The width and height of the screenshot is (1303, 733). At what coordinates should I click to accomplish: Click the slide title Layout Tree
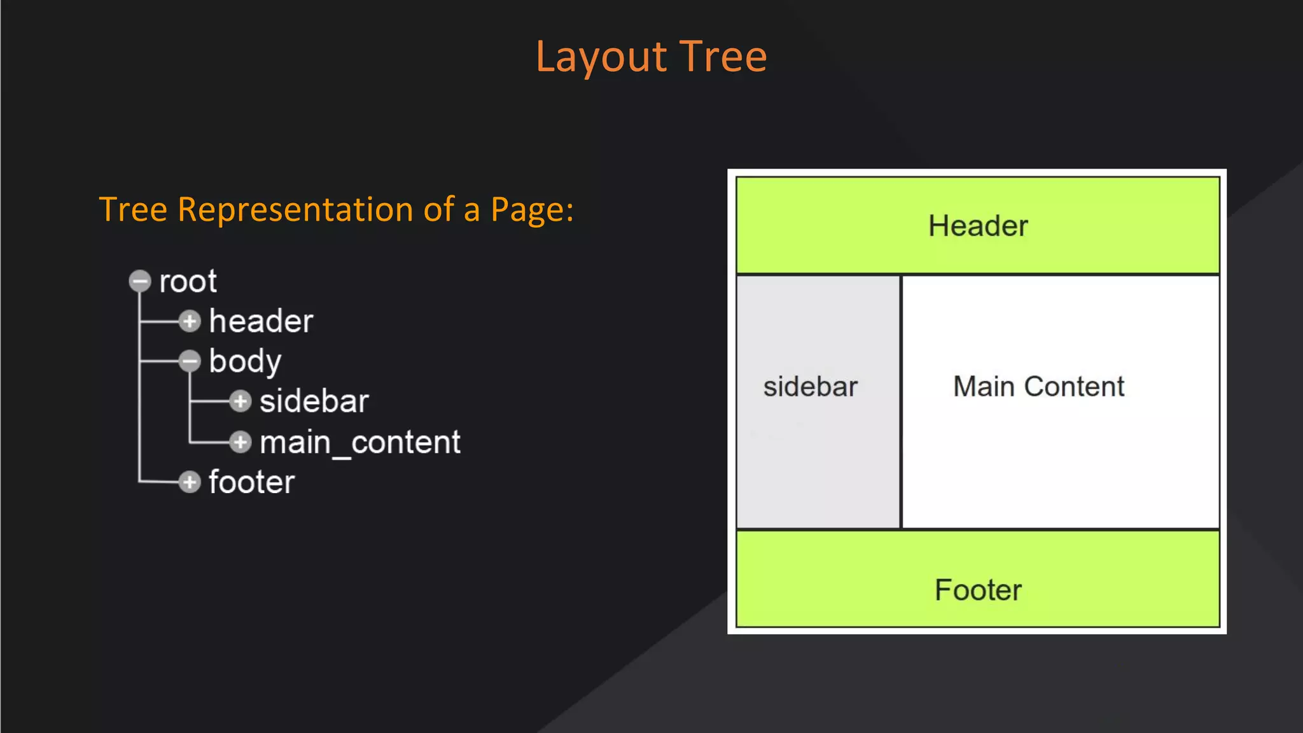point(651,57)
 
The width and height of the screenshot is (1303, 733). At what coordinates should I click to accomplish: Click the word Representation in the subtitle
point(295,210)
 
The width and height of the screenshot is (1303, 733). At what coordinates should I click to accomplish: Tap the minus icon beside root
point(140,281)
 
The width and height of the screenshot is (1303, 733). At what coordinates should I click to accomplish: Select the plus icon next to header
point(190,321)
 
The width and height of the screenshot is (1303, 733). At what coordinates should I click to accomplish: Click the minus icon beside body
point(190,361)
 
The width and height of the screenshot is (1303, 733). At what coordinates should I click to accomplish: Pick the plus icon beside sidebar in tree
point(240,401)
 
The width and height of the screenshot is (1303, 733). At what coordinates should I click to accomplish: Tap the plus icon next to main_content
point(240,442)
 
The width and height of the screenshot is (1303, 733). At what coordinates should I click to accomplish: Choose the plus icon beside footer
point(190,482)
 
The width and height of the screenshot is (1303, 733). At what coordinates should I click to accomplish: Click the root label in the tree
point(188,281)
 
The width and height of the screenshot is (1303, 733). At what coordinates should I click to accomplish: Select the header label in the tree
point(261,321)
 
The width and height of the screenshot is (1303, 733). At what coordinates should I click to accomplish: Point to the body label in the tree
point(245,361)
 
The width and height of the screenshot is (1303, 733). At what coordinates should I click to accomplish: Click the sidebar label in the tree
point(314,401)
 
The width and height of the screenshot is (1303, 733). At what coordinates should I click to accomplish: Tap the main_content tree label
point(359,442)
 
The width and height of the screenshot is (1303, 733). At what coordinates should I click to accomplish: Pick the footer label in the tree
point(251,482)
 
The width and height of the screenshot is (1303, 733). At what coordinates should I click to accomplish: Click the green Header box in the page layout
point(977,226)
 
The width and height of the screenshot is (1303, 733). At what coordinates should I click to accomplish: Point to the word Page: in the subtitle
point(532,210)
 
